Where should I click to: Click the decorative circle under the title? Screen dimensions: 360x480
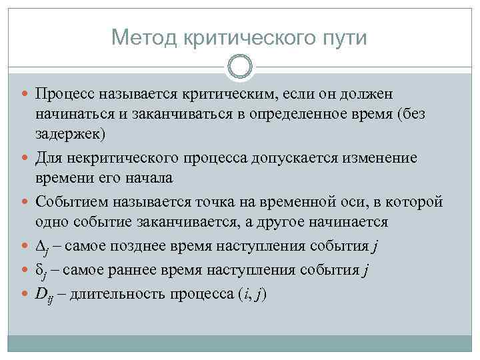click(x=239, y=67)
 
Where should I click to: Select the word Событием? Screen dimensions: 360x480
click(x=69, y=201)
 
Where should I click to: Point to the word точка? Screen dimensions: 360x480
click(x=210, y=201)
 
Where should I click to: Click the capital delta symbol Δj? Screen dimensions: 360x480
click(x=43, y=247)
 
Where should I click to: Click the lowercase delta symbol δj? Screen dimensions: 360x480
click(x=41, y=270)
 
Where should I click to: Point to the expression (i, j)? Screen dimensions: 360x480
click(x=249, y=294)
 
